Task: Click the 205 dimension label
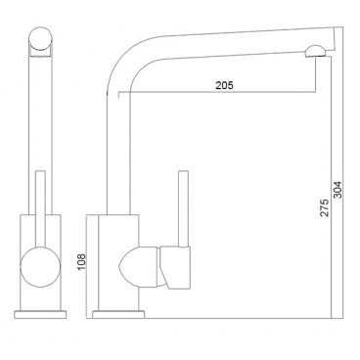[224, 85]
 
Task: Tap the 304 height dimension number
[337, 190]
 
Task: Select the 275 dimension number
[325, 207]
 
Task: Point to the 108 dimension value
[81, 261]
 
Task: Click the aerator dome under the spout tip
[315, 52]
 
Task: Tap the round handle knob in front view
[40, 267]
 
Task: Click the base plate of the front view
[40, 314]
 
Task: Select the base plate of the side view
[118, 314]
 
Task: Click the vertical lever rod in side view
[184, 208]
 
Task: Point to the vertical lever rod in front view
[40, 208]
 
